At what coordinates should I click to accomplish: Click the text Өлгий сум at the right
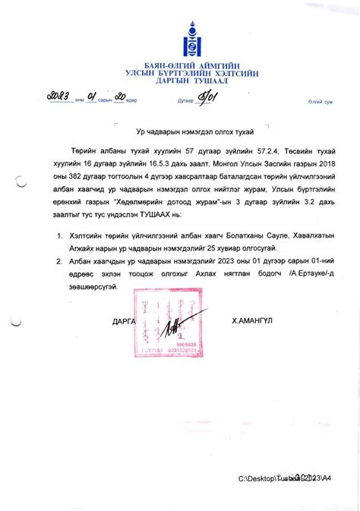(x=321, y=101)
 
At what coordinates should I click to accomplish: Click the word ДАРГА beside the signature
(x=122, y=321)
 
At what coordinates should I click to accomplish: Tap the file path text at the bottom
(x=284, y=478)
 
